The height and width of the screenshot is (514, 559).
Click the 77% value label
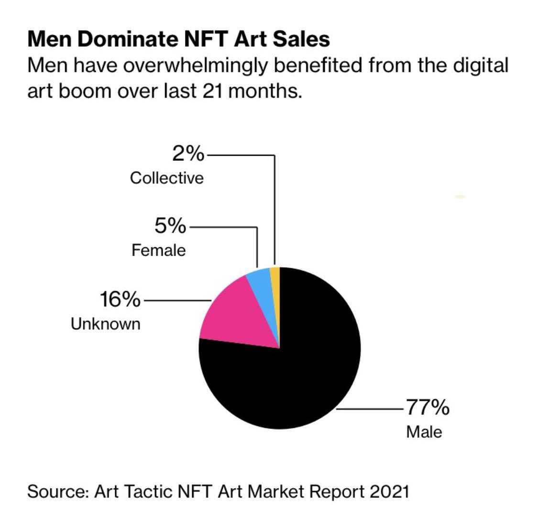pyautogui.click(x=427, y=408)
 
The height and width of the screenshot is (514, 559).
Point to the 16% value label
pyautogui.click(x=120, y=300)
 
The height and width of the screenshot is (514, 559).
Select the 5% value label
pyautogui.click(x=170, y=226)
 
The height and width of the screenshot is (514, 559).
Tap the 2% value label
pyautogui.click(x=187, y=154)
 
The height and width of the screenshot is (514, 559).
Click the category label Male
pyautogui.click(x=424, y=432)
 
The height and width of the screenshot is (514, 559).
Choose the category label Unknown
pyautogui.click(x=106, y=324)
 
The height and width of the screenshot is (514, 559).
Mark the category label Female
pyautogui.click(x=158, y=250)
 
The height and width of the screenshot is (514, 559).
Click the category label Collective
pyautogui.click(x=166, y=178)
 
